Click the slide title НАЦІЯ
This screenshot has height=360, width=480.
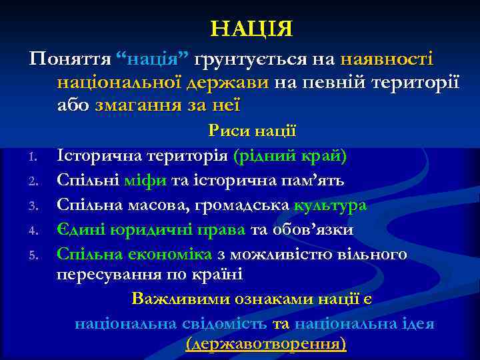coord(251,29)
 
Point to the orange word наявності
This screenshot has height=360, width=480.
coord(387,59)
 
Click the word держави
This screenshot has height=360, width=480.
coord(229,83)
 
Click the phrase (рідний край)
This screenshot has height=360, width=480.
coord(290,156)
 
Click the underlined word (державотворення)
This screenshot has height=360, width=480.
coord(266,344)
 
